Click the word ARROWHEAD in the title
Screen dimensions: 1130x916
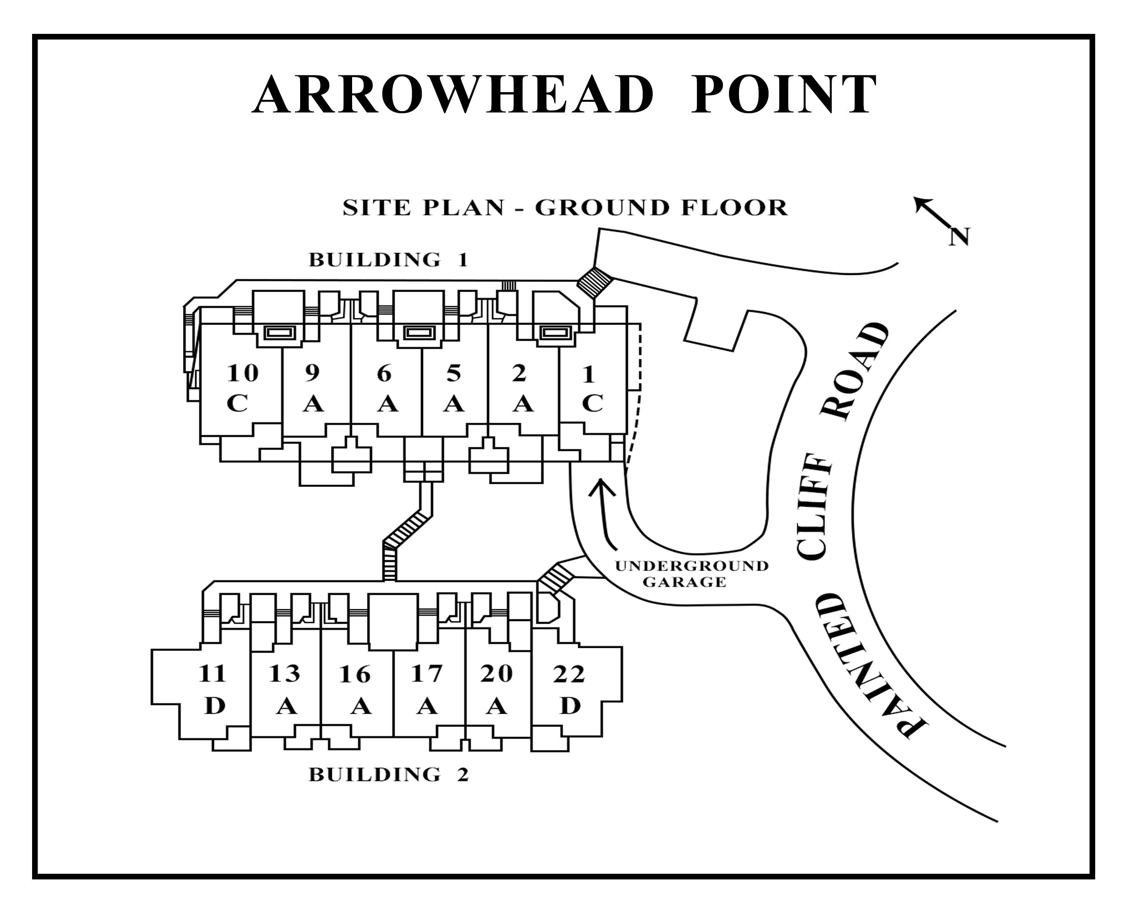coord(452,94)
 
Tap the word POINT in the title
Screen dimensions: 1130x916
coord(784,94)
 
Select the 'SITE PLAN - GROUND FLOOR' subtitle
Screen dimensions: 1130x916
coord(565,208)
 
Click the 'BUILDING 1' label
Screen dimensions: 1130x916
coord(388,260)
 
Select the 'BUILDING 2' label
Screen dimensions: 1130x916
coord(388,775)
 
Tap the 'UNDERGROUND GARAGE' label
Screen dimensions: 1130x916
coord(692,574)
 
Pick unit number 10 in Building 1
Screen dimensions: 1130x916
coord(242,374)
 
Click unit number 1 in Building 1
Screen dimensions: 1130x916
coord(589,374)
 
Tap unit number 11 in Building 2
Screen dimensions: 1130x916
coord(212,674)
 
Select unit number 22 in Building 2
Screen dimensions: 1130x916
coord(569,674)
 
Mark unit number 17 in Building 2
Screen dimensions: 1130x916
coord(427,674)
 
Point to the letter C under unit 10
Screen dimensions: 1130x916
coord(237,404)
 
